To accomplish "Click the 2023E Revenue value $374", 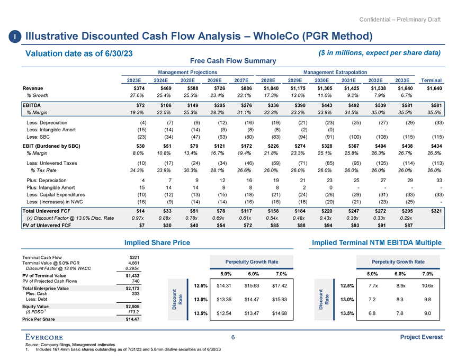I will pos(138,88).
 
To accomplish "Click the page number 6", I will pos(232,338).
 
